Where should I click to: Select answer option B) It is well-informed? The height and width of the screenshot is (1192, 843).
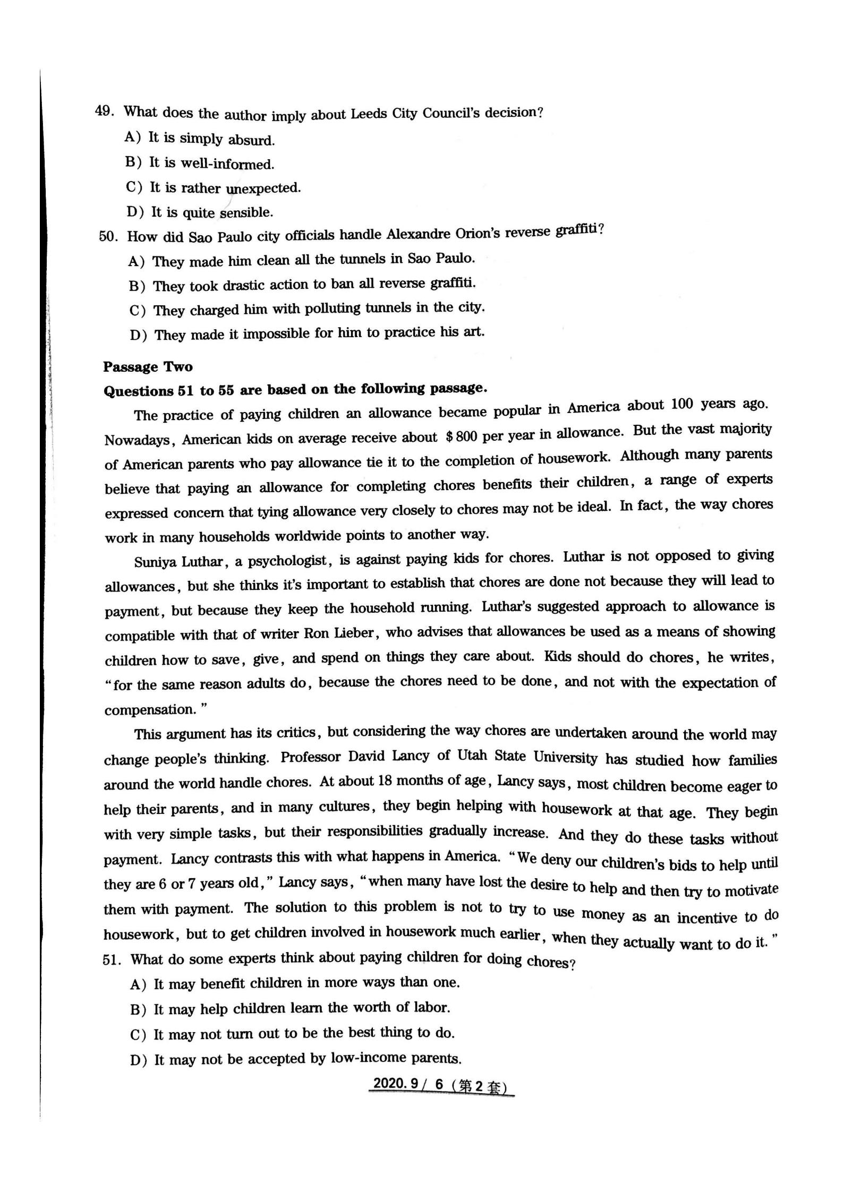(x=200, y=162)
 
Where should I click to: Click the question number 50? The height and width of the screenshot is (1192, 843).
(x=107, y=236)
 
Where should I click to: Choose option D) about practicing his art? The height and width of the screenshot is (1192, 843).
(x=306, y=334)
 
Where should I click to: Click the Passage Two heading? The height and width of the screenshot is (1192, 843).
(x=148, y=367)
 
